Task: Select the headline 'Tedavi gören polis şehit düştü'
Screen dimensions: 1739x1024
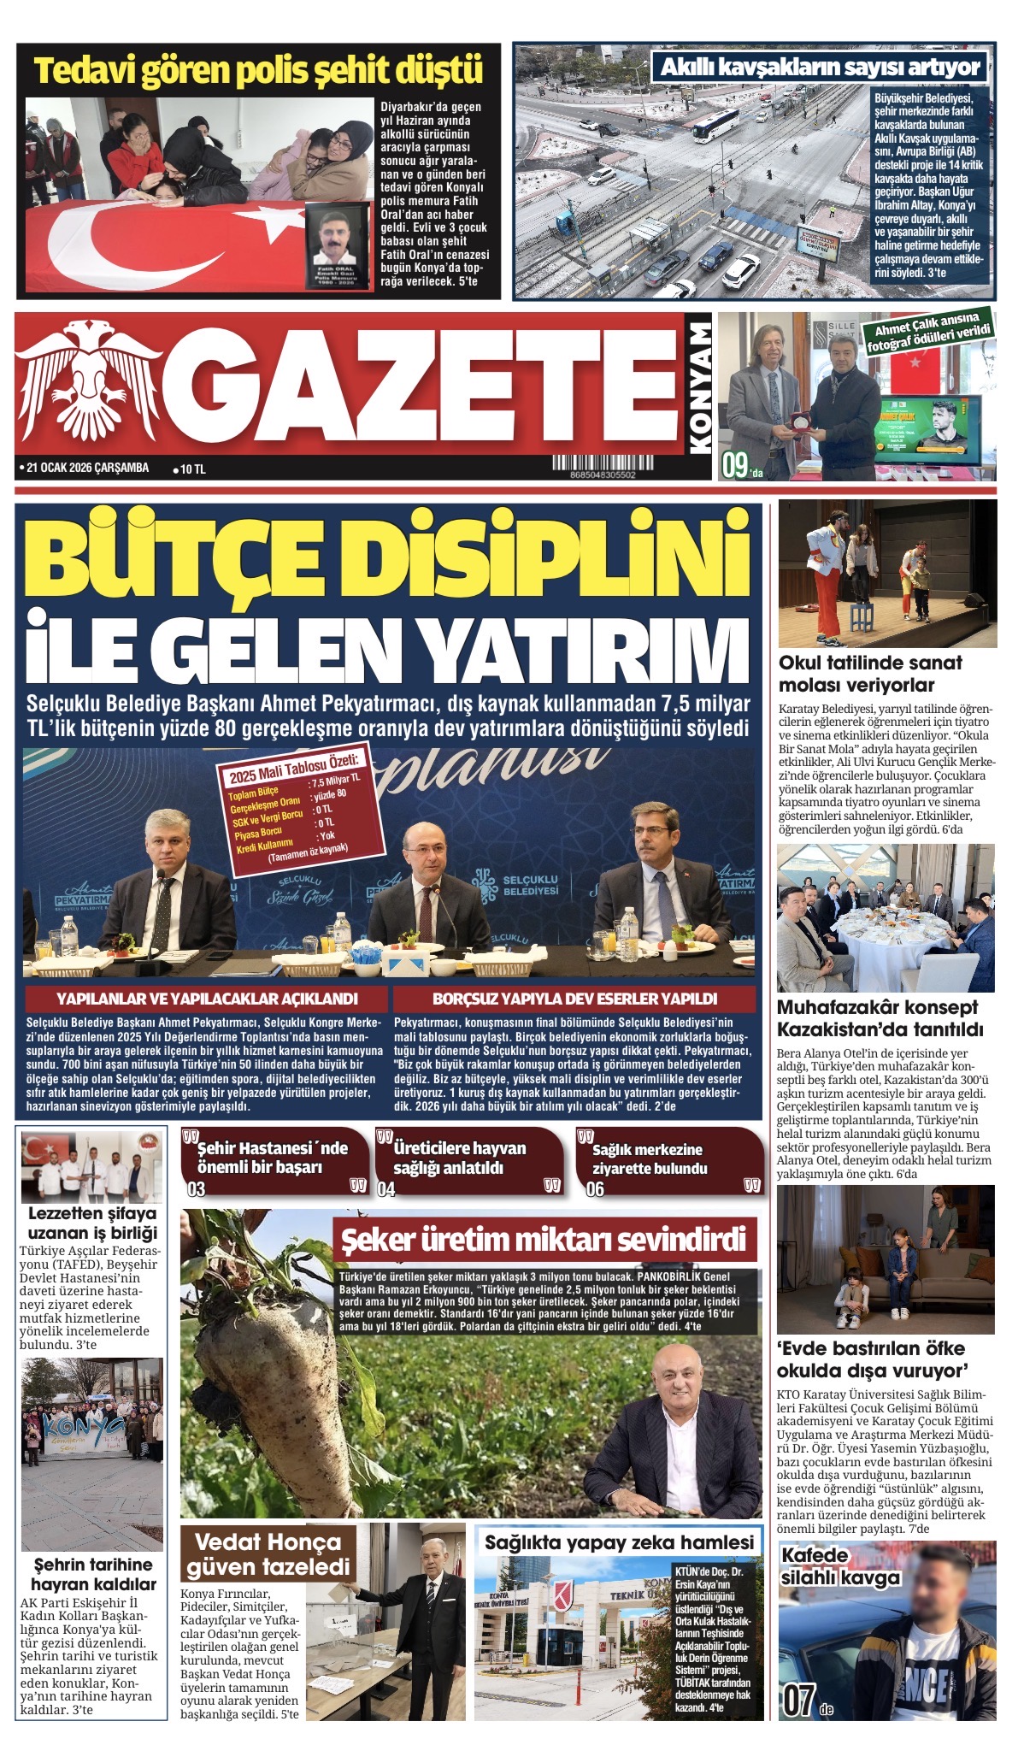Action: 258,71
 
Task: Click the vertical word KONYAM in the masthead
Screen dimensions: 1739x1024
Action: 699,386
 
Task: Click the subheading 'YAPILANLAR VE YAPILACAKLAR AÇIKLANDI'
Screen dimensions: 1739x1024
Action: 207,999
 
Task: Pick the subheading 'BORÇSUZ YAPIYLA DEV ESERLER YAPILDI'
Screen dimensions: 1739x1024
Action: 574,999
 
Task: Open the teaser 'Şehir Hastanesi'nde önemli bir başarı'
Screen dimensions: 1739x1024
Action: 274,1158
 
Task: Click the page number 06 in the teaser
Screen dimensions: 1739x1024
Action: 595,1188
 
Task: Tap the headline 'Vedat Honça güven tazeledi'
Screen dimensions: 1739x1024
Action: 268,1553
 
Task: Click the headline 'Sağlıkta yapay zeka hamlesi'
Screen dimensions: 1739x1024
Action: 619,1542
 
